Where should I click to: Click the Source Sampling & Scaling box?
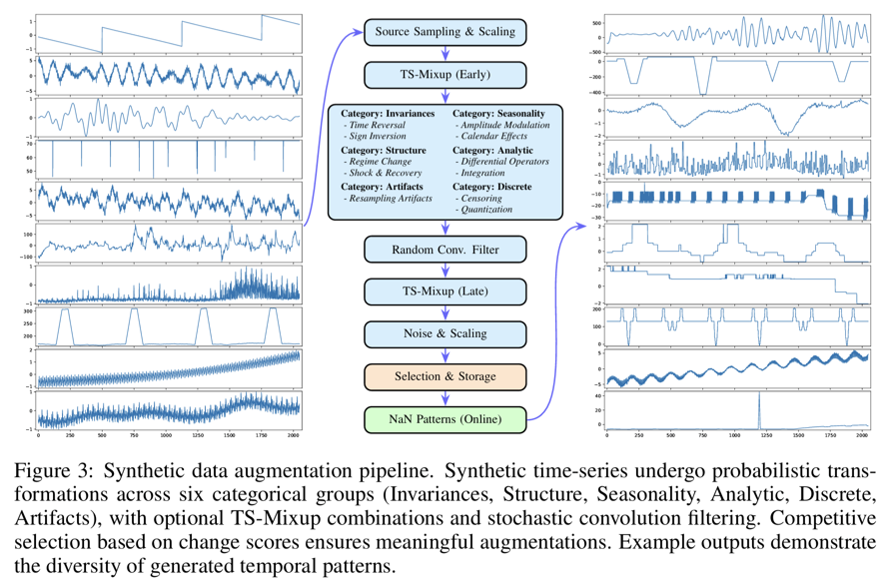pyautogui.click(x=444, y=31)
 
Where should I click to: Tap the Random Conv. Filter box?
pyautogui.click(x=444, y=249)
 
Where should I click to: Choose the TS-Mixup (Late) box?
pyautogui.click(x=444, y=291)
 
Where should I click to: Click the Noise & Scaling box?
pyautogui.click(x=444, y=331)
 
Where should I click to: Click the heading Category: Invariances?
pyautogui.click(x=388, y=114)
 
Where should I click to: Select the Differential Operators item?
pyautogui.click(x=505, y=162)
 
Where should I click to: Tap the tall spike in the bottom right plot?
pyautogui.click(x=758, y=407)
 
